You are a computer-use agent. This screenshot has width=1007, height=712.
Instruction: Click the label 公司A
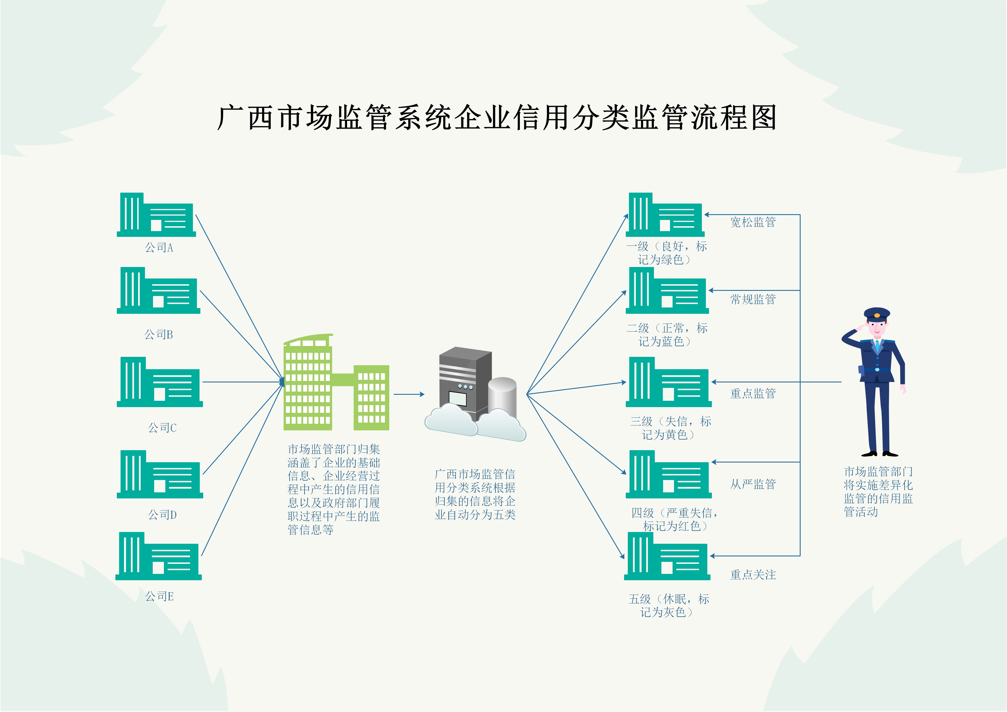[159, 248]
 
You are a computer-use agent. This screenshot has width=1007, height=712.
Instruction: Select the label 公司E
[159, 596]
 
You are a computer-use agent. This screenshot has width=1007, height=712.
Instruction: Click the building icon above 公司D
[160, 475]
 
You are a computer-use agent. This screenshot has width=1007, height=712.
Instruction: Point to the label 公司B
[158, 335]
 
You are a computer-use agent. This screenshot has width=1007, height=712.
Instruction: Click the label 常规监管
[753, 299]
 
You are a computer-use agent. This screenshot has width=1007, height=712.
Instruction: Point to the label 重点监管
[753, 394]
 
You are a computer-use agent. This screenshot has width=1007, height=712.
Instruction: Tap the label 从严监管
[753, 484]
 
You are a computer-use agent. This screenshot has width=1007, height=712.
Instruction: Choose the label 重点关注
[753, 575]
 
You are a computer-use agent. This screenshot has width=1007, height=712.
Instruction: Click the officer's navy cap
[877, 314]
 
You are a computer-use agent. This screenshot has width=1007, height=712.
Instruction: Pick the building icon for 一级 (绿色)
[665, 215]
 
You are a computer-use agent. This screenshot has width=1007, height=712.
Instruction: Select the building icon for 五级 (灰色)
[667, 556]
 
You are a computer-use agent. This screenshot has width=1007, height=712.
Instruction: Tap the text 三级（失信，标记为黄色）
[670, 428]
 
